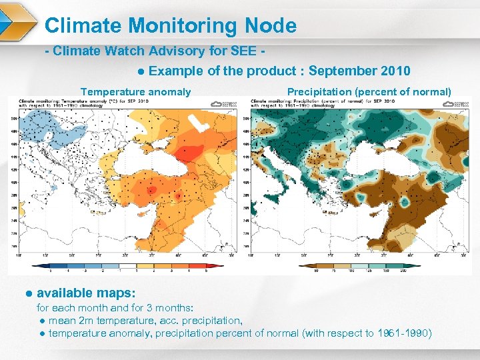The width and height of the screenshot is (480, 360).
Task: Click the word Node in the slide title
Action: tap(271, 26)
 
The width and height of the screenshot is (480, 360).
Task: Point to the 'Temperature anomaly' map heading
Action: tap(135, 92)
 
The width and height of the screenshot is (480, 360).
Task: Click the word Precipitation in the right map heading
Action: tap(319, 92)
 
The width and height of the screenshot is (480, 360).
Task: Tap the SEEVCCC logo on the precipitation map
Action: tap(455, 103)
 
